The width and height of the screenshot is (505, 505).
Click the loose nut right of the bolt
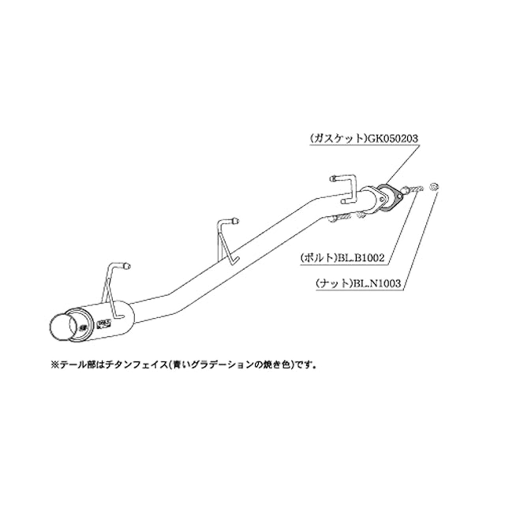coord(433,187)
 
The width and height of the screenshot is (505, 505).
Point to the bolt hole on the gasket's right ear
coord(400,196)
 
